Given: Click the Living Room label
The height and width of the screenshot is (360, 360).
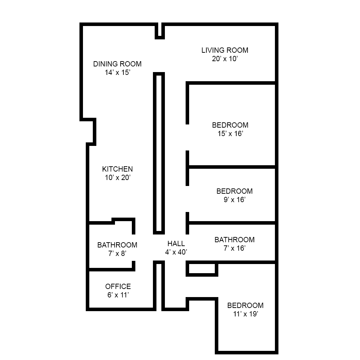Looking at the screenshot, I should pos(225,50).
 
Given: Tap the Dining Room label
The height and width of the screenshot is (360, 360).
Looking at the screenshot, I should pos(117,64).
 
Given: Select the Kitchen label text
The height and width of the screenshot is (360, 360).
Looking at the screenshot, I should pos(117,169).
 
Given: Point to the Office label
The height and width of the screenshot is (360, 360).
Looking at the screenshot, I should pos(118,287).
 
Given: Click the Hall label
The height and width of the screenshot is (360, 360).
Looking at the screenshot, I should pos(176,244).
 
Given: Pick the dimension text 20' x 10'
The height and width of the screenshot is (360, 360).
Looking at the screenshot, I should pos(225,59).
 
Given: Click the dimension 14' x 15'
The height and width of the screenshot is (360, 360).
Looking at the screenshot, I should pos(117,73).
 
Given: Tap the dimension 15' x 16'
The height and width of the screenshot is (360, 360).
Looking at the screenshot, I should pos(230,134).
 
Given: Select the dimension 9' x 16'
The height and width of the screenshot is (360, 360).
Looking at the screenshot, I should pos(234,200).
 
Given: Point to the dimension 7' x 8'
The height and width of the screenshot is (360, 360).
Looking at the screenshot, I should pos(117,253).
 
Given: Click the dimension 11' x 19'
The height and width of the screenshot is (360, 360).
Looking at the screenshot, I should pos(245,314).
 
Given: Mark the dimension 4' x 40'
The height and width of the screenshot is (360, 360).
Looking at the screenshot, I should pos(176,252).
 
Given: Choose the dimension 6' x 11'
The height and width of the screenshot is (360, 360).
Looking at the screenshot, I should pos(118,295).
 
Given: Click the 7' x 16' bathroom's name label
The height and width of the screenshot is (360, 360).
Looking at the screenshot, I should pos(234,240).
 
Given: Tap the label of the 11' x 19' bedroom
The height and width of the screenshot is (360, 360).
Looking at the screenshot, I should pos(245,306).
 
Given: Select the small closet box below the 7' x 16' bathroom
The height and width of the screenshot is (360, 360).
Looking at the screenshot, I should pos(202,269).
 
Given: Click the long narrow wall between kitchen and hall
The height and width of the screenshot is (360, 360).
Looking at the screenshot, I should pos(159,153).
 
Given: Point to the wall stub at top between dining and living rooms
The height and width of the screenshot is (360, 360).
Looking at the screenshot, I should pos(160,31).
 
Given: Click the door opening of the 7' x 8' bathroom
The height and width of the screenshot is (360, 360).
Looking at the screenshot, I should pos(134,248).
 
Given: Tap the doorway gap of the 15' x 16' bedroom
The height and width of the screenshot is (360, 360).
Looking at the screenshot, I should pos(187,137).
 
